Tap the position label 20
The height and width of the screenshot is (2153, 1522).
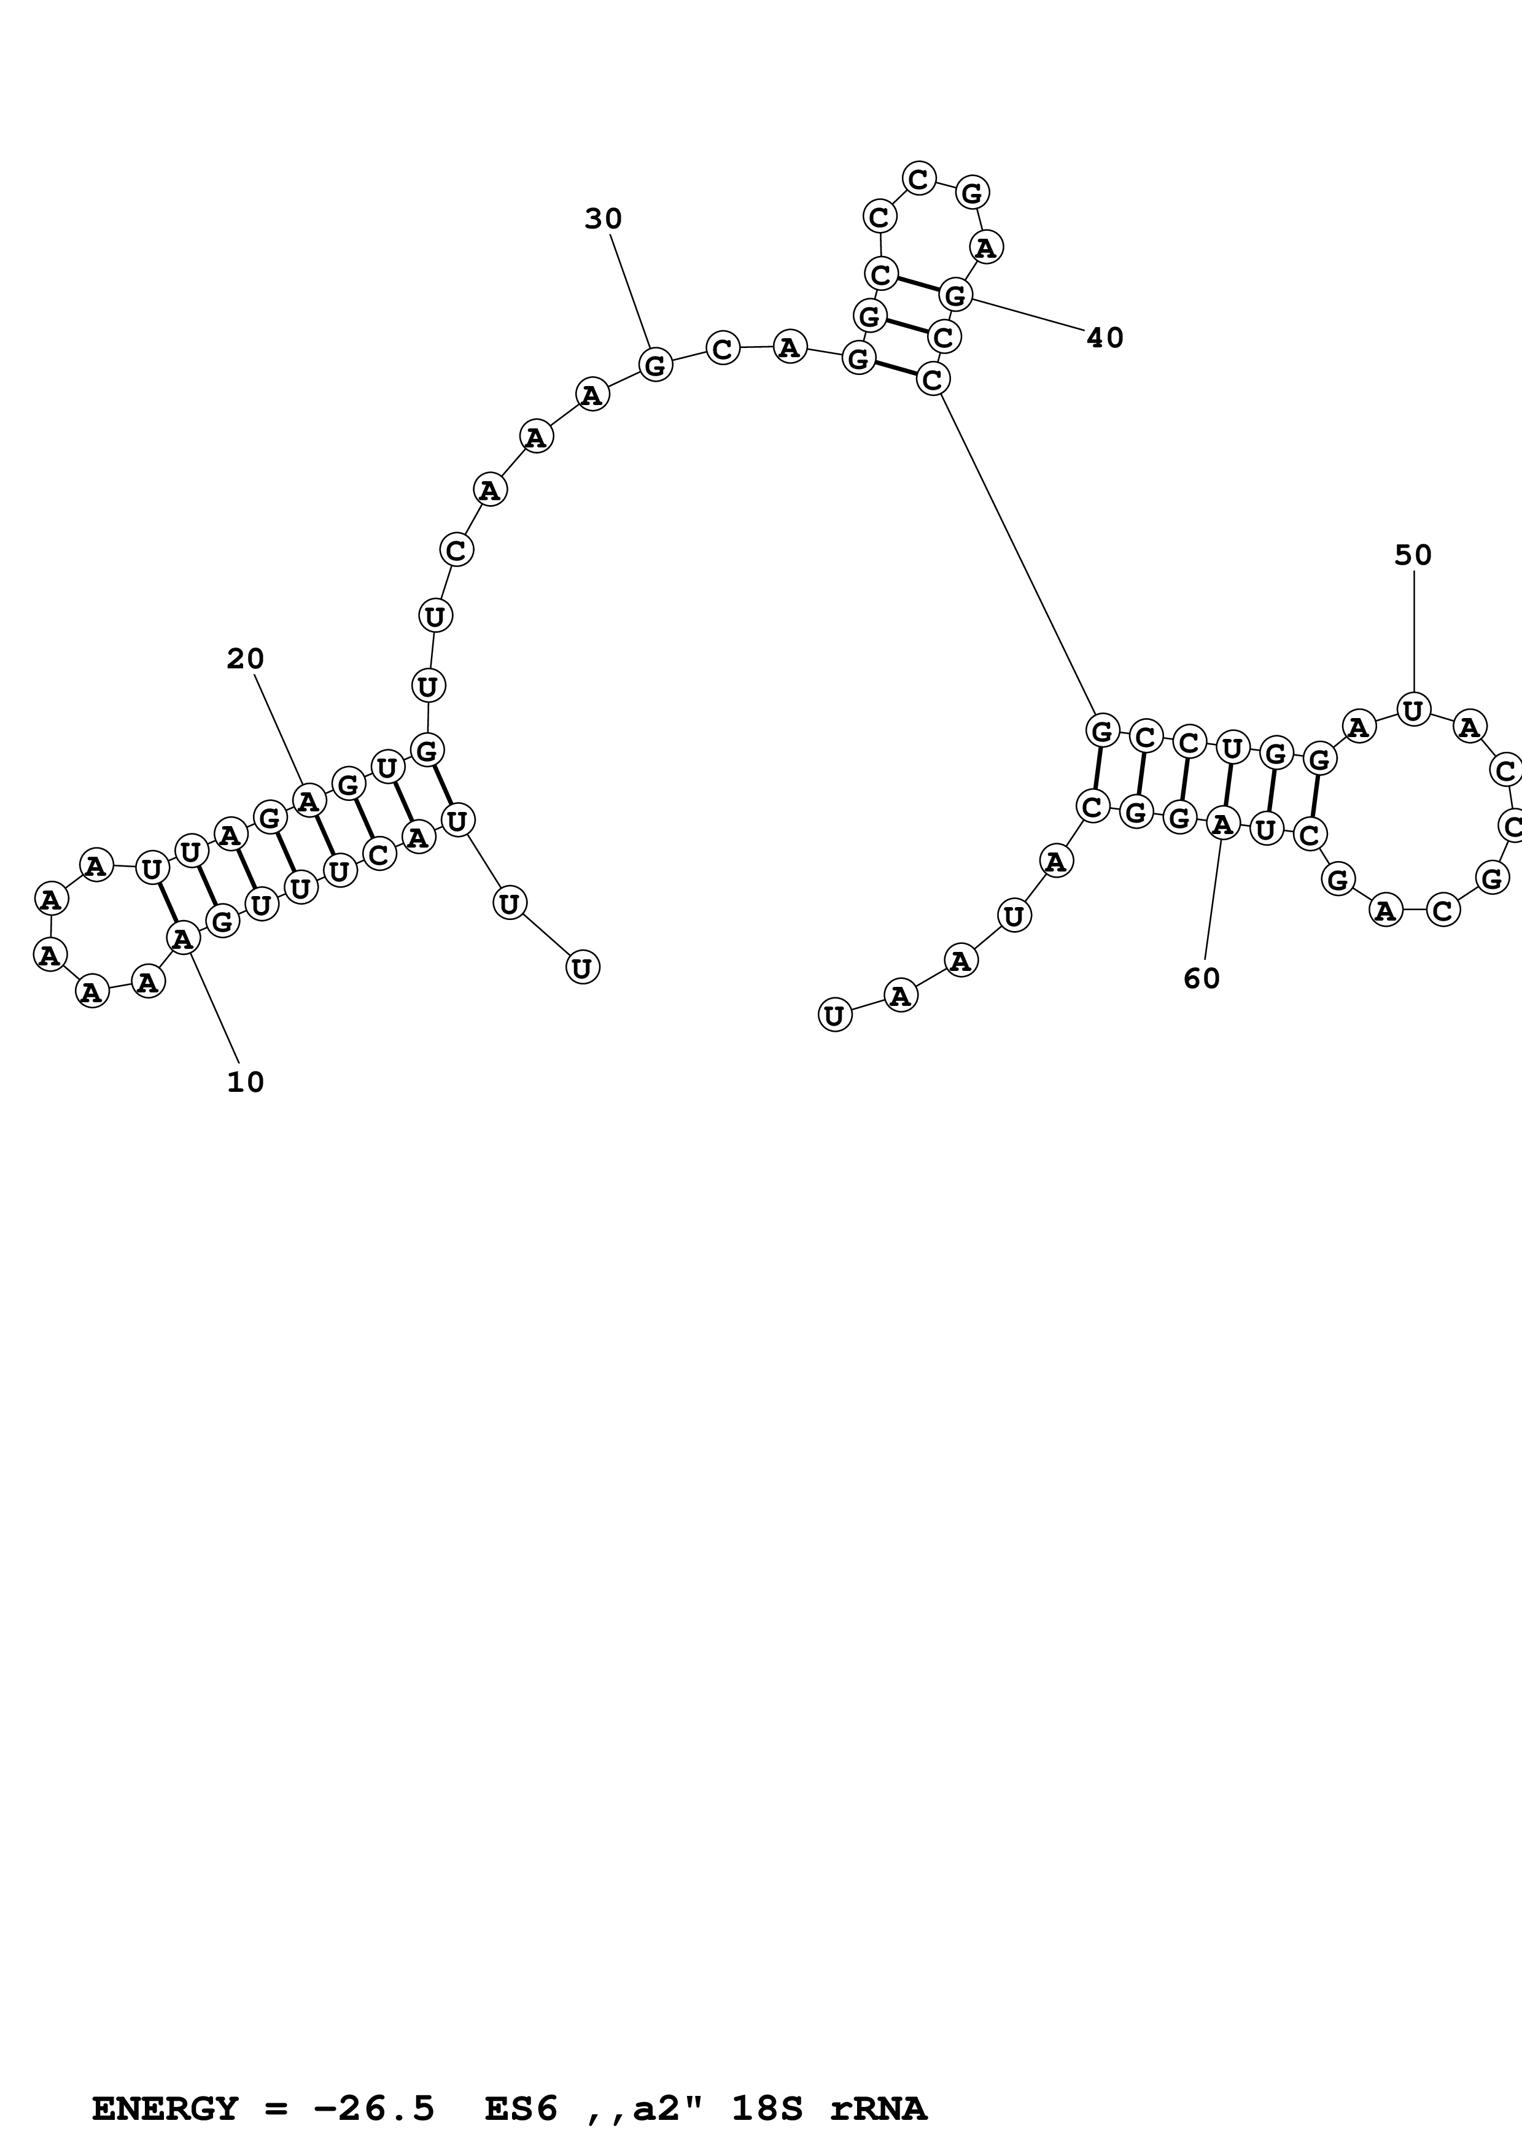(246, 659)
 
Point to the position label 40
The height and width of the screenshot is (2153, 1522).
(1105, 338)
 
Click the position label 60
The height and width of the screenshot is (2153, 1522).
(1202, 978)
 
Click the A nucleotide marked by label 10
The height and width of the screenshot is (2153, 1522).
(183, 937)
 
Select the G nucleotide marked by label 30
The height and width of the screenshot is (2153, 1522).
(656, 364)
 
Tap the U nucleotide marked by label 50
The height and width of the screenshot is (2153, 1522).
(1413, 710)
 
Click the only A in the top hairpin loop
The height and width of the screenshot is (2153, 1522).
(985, 247)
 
